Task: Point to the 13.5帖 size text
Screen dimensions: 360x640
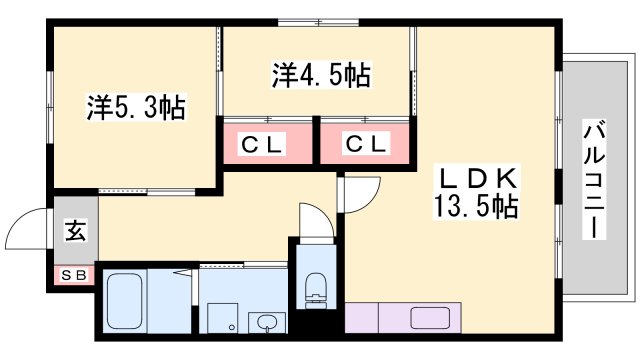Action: (x=476, y=208)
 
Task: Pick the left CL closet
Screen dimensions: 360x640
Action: (x=265, y=143)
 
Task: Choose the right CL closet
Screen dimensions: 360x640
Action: (x=365, y=143)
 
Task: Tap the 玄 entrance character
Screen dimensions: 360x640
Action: (x=76, y=231)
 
